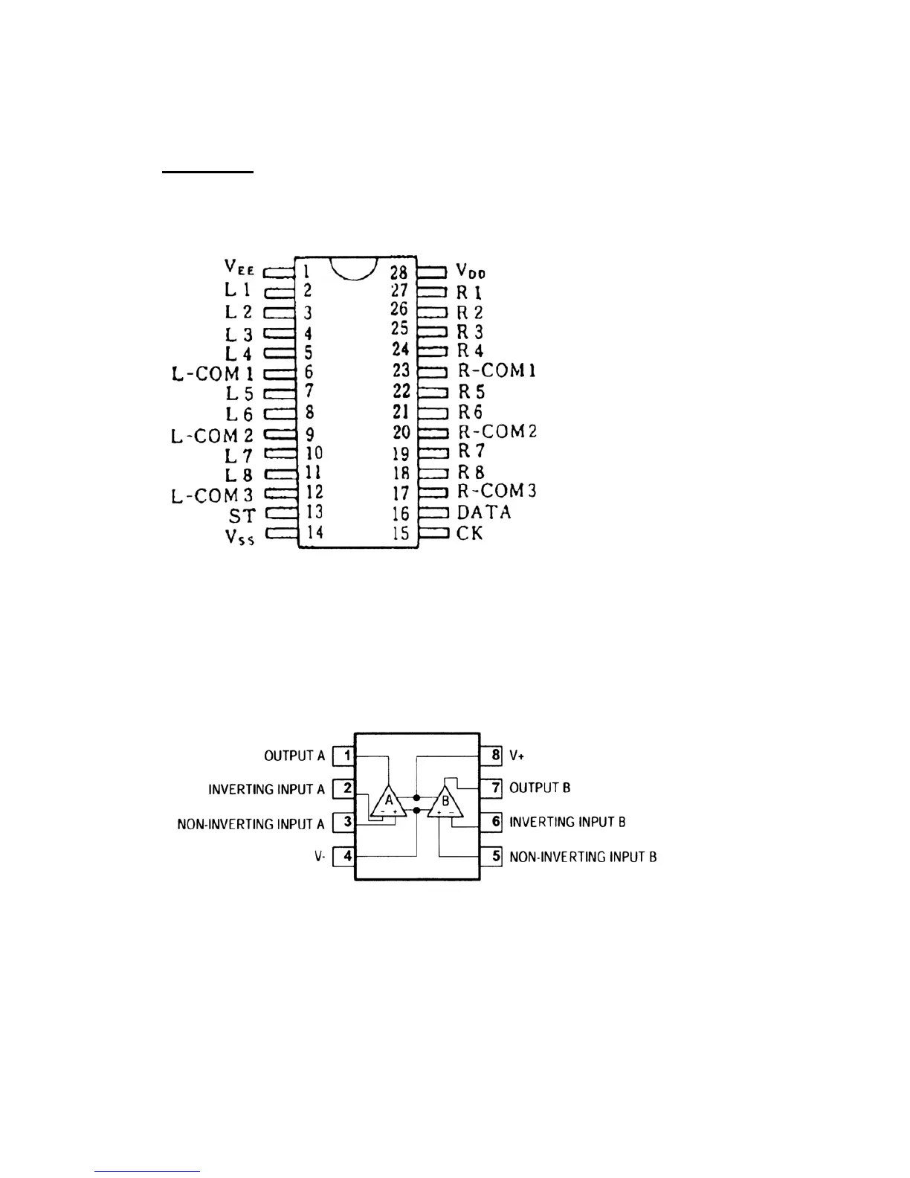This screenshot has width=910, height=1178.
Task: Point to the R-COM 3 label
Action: (x=497, y=491)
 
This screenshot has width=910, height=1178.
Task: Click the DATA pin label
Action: (x=484, y=512)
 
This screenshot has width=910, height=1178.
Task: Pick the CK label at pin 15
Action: (x=469, y=532)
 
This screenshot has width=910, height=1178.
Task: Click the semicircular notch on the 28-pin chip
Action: (x=351, y=268)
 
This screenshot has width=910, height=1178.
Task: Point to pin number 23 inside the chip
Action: (x=401, y=370)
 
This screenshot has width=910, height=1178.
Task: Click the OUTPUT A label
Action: (x=294, y=756)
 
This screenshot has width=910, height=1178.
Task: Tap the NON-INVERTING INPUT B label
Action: (x=583, y=857)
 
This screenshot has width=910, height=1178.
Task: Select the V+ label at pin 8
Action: (x=517, y=756)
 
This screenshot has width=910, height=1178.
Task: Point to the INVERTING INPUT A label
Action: (x=267, y=789)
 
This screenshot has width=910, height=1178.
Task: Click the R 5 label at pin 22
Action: (x=471, y=390)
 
